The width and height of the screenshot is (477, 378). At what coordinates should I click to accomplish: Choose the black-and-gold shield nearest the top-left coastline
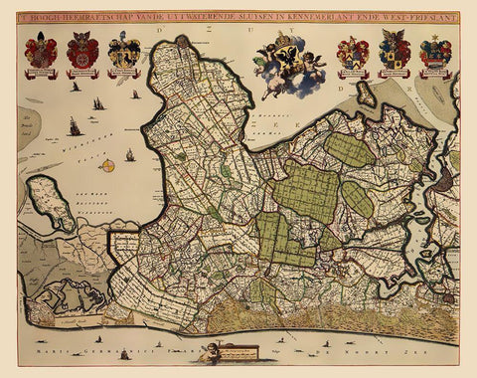tap(124, 52)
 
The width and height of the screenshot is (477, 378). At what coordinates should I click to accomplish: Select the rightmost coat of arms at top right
tap(435, 52)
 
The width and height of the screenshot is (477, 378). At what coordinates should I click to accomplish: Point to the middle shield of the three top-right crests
tap(395, 52)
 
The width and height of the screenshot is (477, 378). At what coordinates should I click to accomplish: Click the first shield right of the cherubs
tap(353, 52)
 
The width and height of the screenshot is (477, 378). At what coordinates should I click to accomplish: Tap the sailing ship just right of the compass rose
tap(129, 154)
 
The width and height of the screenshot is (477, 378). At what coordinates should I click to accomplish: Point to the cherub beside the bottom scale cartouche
tap(211, 349)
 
